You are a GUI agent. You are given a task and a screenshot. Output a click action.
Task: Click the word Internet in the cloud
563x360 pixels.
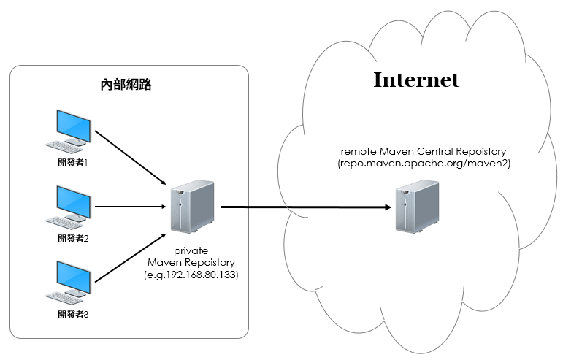[x=416, y=80]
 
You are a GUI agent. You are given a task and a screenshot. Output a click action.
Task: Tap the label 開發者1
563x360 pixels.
[x=73, y=163]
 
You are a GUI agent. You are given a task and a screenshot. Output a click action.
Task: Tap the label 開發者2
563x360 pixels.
[x=73, y=239]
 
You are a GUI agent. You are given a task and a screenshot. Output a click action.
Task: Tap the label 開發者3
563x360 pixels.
[x=73, y=315]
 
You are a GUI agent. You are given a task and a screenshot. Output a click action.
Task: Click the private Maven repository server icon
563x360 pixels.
[x=193, y=207]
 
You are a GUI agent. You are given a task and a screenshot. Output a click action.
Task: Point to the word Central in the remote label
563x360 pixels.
[x=445, y=151]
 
